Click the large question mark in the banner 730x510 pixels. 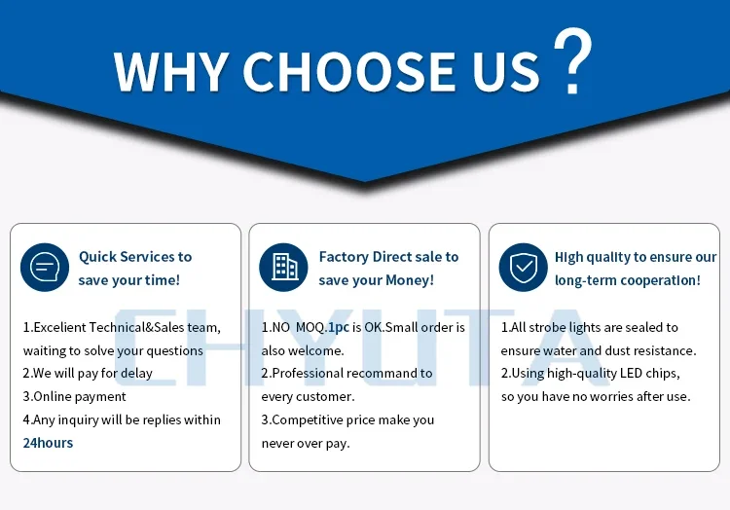pos(572,60)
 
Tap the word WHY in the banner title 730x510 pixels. pos(171,71)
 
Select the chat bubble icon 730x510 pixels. pos(45,267)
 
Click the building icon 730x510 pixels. pos(283,267)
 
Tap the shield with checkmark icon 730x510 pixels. pos(524,267)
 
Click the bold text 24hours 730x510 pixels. pos(48,443)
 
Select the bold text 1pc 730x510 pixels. pos(339,328)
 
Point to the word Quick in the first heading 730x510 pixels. pos(96,257)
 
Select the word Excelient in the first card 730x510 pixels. pos(59,327)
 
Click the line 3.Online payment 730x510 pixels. pos(75,396)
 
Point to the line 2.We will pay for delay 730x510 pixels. pos(88,373)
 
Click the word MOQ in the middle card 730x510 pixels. pos(310,327)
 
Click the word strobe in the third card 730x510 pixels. pos(547,327)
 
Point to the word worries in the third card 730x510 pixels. pos(611,396)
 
